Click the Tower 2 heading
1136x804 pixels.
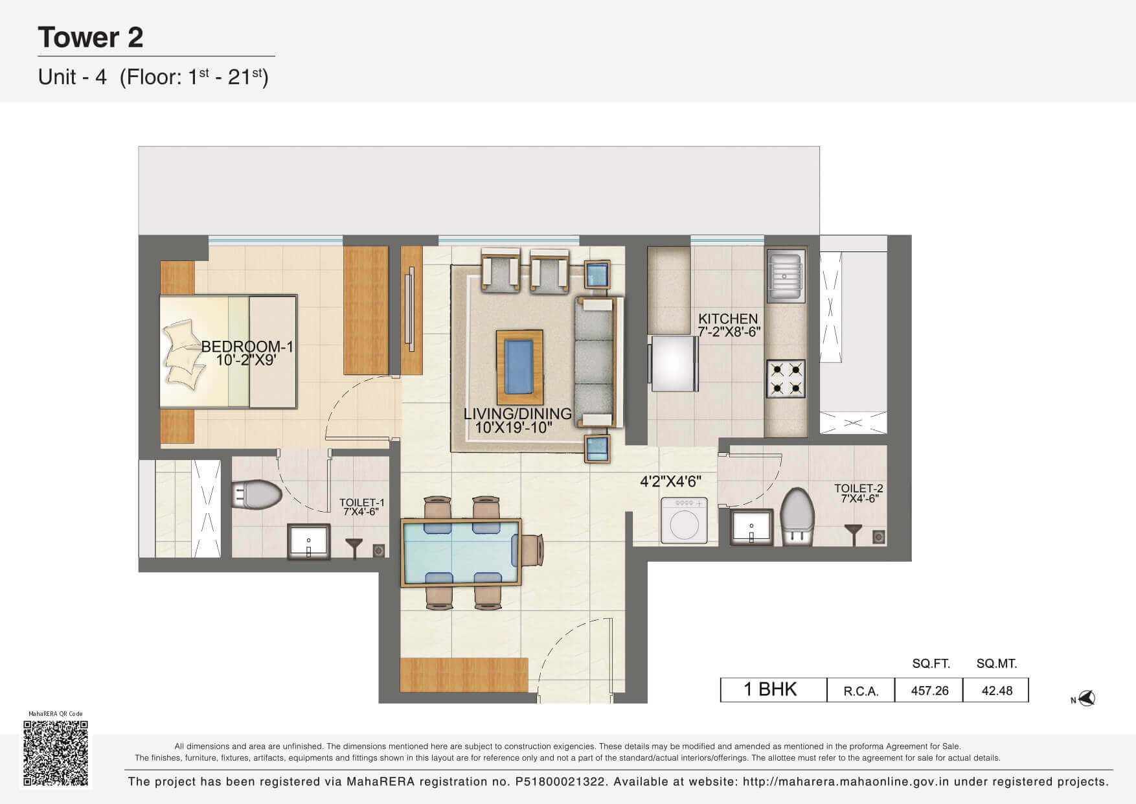[x=91, y=37]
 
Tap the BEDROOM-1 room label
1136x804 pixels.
[x=247, y=347]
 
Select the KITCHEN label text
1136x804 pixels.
[x=728, y=319]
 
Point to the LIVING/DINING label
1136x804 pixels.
[x=517, y=413]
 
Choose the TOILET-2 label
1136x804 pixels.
[x=859, y=488]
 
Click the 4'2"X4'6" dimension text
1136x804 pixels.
[x=670, y=482]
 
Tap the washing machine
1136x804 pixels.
[x=685, y=520]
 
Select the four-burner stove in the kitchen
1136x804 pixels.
[x=786, y=379]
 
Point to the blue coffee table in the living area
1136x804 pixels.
[x=519, y=367]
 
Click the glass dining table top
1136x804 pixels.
[x=461, y=553]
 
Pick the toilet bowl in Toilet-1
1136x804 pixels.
[x=256, y=496]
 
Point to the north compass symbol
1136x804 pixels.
[x=1084, y=698]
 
